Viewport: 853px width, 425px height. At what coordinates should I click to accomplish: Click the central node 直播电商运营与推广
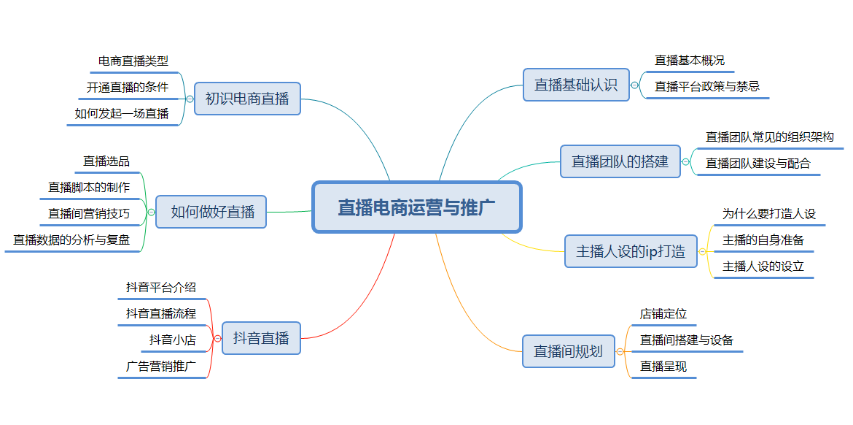pos(417,207)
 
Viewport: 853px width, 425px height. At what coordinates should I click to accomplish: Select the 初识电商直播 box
pos(247,99)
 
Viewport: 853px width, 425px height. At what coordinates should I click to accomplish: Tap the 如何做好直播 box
pos(211,212)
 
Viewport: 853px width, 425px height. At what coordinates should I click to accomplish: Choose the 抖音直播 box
pos(261,338)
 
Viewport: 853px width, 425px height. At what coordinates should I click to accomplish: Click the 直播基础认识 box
pos(576,85)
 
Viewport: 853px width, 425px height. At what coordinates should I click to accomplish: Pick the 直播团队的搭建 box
pos(620,161)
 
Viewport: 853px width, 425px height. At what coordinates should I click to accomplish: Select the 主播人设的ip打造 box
pos(631,251)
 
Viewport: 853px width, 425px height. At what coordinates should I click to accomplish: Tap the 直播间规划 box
pos(569,351)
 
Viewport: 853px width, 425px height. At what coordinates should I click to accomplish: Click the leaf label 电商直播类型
pos(133,61)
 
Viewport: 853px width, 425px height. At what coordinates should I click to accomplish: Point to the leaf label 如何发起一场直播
pos(122,114)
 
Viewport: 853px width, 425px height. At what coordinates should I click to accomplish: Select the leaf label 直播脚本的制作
pos(89,188)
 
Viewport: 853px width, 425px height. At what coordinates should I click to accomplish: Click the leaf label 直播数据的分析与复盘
pos(71,240)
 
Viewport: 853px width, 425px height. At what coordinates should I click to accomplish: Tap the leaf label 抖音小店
pos(173,340)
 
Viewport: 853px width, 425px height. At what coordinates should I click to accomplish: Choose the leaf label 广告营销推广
pos(161,366)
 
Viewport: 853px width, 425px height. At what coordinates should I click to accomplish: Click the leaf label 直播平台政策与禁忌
pos(707,86)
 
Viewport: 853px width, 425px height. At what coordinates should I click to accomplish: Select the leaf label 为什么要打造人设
pos(769,213)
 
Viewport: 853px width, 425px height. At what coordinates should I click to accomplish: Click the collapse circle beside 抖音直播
pos(217,338)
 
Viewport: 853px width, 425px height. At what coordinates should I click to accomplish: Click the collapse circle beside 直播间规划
pos(620,352)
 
